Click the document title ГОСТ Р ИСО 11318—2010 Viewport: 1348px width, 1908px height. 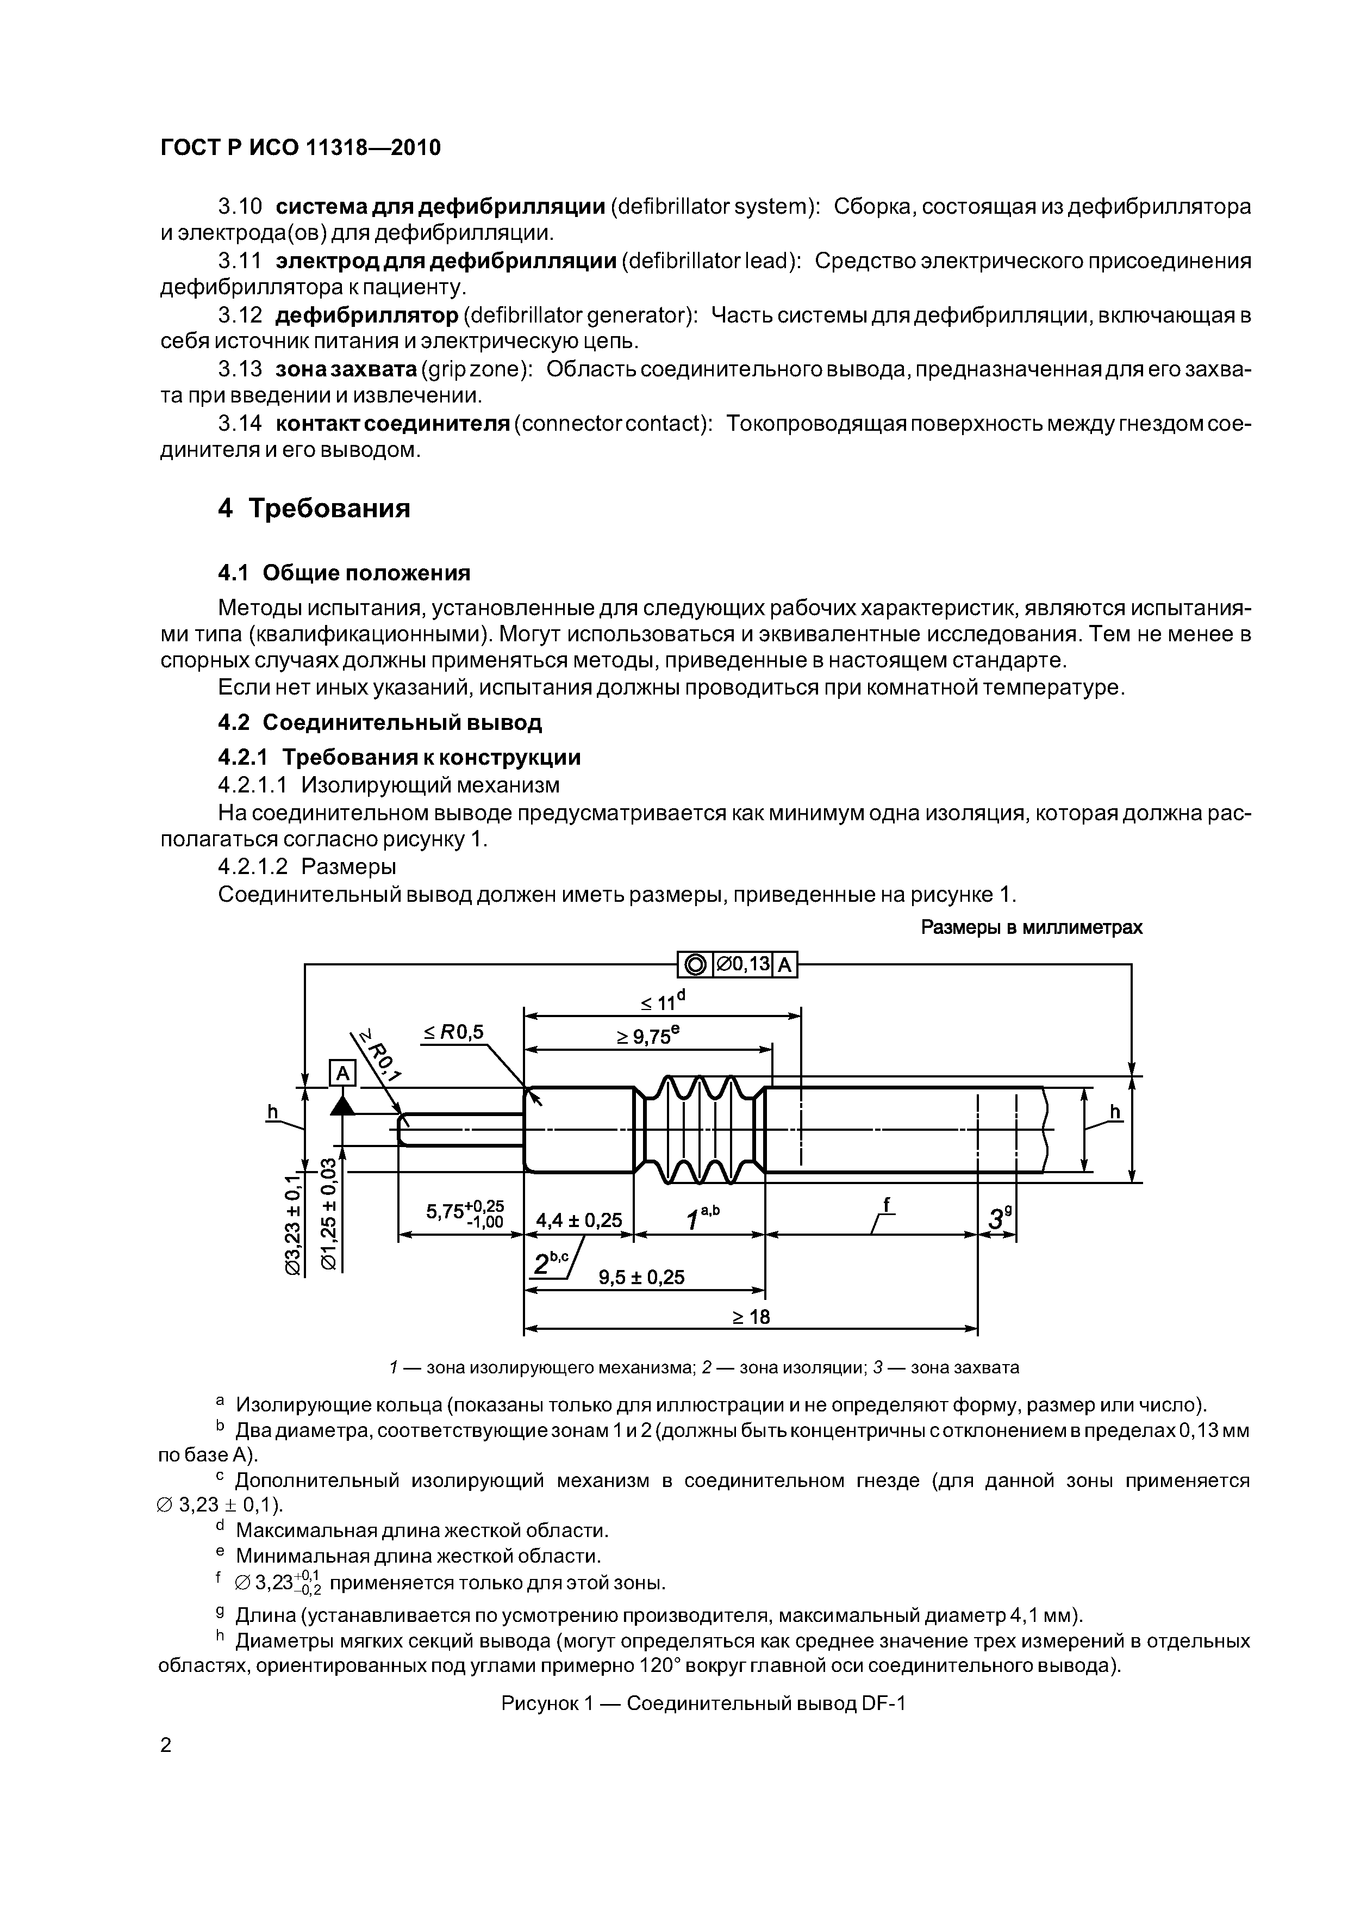tap(300, 148)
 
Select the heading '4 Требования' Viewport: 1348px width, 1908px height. tap(314, 508)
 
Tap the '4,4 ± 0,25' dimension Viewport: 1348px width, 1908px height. tap(579, 1220)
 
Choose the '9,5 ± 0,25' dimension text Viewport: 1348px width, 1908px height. tap(641, 1277)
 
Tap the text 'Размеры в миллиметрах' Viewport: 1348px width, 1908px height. tap(1032, 927)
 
